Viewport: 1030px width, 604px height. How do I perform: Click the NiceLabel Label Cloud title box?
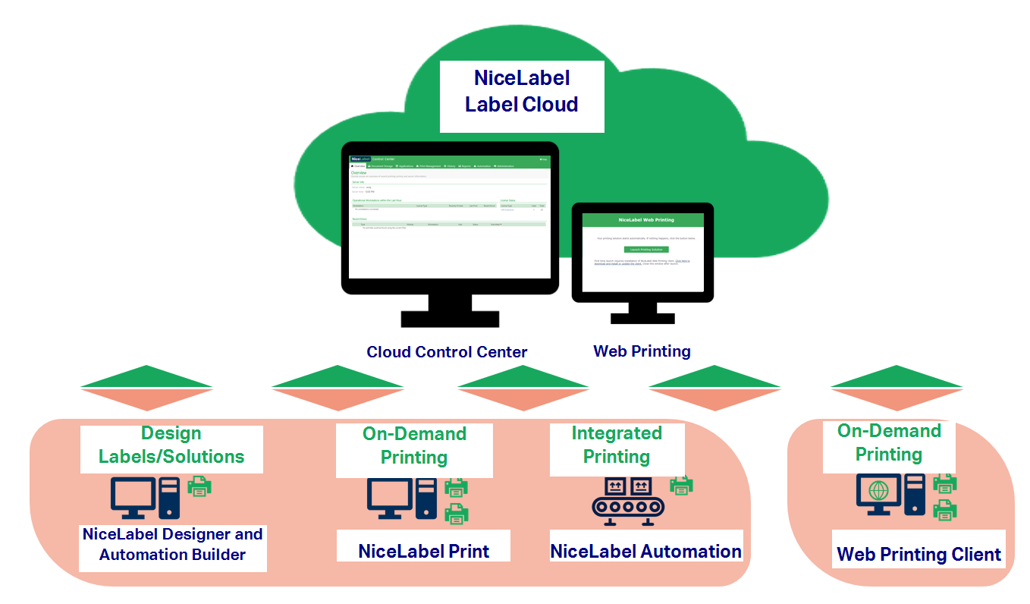(522, 91)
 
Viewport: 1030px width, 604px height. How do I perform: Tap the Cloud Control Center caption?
(447, 352)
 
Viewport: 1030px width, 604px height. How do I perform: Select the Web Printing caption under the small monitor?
(642, 351)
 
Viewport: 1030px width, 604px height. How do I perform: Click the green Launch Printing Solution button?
(646, 249)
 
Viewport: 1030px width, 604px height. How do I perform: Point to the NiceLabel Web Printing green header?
(645, 220)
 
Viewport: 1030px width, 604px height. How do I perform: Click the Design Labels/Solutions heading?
(171, 445)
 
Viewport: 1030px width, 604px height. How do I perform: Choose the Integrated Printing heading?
(617, 445)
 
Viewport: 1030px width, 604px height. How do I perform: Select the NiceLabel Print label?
(423, 551)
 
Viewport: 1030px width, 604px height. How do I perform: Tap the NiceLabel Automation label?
(646, 552)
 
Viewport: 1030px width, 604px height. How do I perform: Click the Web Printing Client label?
(919, 555)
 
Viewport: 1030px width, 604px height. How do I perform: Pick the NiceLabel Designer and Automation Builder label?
(173, 544)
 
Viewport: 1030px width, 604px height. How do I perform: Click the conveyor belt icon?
(627, 502)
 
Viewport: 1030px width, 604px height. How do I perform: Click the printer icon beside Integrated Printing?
(681, 485)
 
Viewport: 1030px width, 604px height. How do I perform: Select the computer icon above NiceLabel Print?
(402, 498)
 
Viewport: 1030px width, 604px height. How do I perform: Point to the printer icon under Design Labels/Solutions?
(199, 486)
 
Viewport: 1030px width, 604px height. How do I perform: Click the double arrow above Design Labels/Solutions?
(146, 388)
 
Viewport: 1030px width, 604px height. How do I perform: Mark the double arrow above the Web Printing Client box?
(897, 388)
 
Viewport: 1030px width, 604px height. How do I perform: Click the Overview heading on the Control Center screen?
(359, 173)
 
